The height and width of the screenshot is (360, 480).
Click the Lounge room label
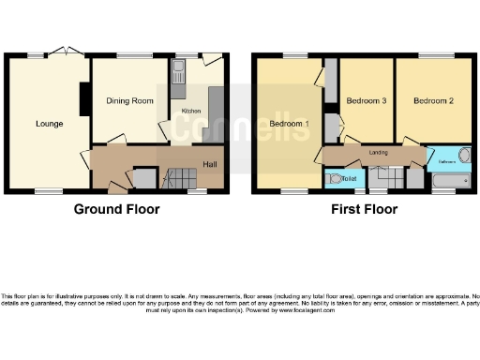click(x=50, y=123)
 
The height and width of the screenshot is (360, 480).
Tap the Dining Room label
click(x=129, y=100)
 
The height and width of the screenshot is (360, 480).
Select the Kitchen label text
click(x=191, y=111)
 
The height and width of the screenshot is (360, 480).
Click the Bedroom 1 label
click(x=289, y=123)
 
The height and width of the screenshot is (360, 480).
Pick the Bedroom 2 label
click(x=433, y=99)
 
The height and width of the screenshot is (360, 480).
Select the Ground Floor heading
click(x=117, y=209)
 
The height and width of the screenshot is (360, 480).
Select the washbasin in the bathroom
click(x=464, y=157)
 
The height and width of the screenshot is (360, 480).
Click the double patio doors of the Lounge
click(x=62, y=52)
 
